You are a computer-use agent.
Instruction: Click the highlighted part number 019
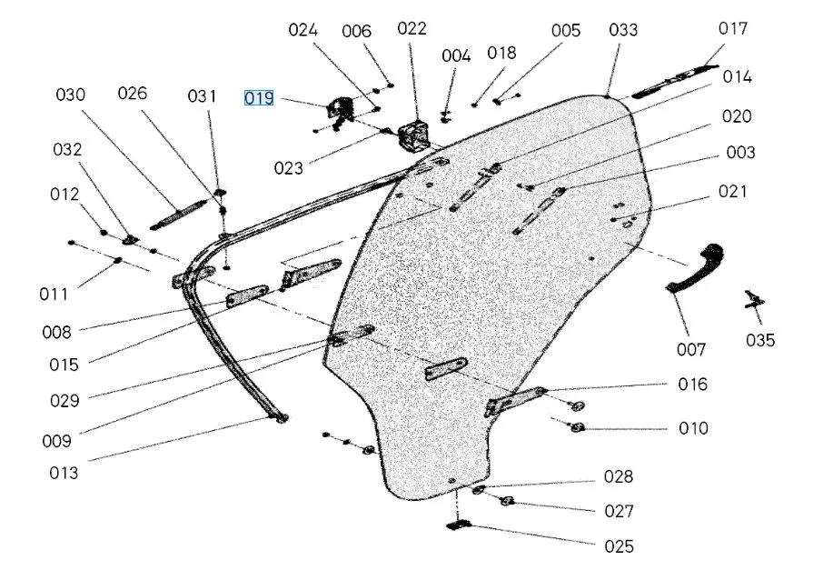pyautogui.click(x=259, y=97)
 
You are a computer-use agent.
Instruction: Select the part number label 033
pyautogui.click(x=623, y=30)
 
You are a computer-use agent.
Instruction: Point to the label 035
pyautogui.click(x=760, y=340)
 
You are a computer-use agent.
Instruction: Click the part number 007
pyautogui.click(x=690, y=349)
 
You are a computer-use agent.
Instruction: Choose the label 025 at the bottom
pyautogui.click(x=619, y=546)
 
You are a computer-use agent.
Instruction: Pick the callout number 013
pyautogui.click(x=64, y=473)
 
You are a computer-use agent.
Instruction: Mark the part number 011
pyautogui.click(x=54, y=294)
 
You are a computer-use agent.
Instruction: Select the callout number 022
pyautogui.click(x=412, y=28)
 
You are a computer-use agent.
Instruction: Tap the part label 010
pyautogui.click(x=693, y=428)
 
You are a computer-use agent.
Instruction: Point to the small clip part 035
pyautogui.click(x=752, y=299)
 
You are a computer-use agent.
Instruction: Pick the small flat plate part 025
pyautogui.click(x=459, y=525)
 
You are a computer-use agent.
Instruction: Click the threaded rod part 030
pyautogui.click(x=175, y=216)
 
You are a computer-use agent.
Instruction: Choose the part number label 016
pyautogui.click(x=693, y=384)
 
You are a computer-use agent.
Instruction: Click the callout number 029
pyautogui.click(x=64, y=400)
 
